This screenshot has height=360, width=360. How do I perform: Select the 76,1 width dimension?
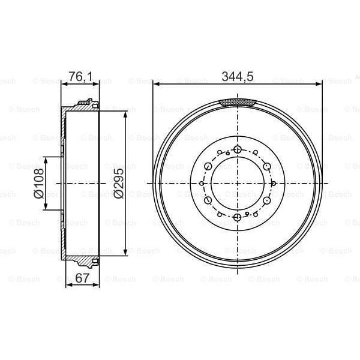point(75,76)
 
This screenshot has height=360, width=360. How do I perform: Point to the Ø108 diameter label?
point(37,183)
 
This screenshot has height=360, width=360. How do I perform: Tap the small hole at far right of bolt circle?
point(274,183)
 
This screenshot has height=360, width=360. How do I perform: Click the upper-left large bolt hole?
point(208,166)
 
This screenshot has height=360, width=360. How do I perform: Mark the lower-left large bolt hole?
point(208,200)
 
